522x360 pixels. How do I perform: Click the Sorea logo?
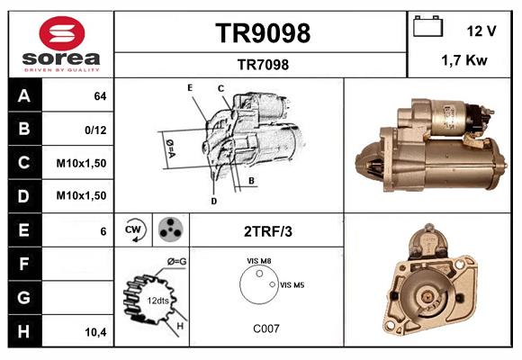[x=61, y=44]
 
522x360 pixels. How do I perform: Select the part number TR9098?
[x=263, y=33]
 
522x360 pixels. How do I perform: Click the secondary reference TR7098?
[x=263, y=64]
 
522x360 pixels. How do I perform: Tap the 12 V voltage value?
[x=481, y=30]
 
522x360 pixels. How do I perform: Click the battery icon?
[x=428, y=27]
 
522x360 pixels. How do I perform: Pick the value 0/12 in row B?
[x=95, y=130]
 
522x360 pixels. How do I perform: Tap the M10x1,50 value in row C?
[x=82, y=163]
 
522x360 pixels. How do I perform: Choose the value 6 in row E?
[x=103, y=231]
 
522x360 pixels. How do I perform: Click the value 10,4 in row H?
[x=95, y=331]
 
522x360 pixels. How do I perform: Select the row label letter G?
[x=23, y=297]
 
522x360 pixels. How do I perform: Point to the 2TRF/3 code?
[x=268, y=231]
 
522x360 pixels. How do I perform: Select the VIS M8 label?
[x=259, y=260]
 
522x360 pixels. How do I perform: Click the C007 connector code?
[x=265, y=328]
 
